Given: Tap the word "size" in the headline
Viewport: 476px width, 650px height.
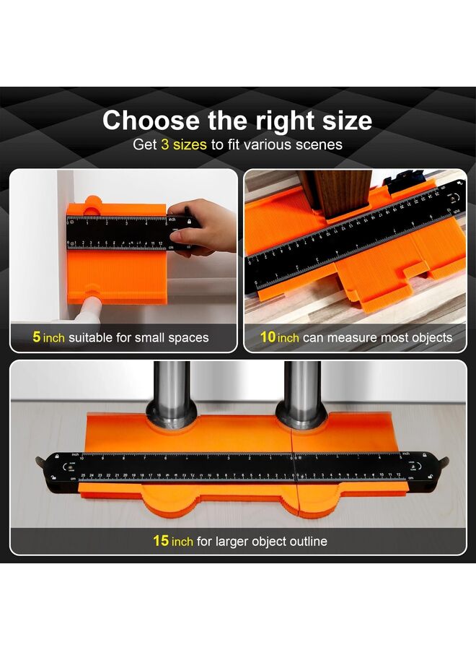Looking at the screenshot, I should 340,120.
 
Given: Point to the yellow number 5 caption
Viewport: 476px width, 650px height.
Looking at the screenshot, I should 36,337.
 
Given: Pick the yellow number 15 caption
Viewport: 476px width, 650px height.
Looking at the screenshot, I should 160,541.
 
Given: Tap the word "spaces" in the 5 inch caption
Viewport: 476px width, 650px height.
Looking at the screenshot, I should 185,337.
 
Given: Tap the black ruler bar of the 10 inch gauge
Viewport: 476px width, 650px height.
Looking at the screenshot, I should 353,238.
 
